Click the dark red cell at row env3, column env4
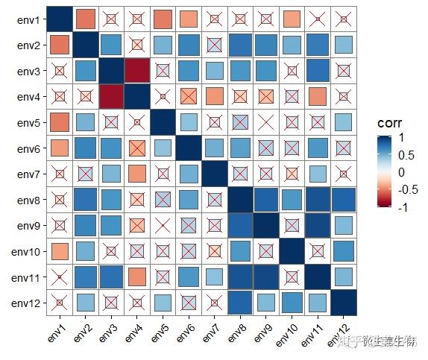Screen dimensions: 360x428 point(136,71)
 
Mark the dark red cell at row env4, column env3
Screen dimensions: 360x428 point(110,97)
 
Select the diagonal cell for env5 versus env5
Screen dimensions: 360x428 point(163,122)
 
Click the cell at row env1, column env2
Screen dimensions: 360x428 point(85,19)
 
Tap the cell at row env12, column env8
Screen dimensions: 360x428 point(240,303)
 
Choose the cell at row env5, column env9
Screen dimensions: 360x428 point(266,122)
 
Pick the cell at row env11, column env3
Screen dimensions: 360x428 point(110,277)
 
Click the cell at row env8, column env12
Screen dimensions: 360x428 point(344,200)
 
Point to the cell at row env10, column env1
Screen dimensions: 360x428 point(59,251)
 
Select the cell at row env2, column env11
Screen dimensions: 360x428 point(318,45)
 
